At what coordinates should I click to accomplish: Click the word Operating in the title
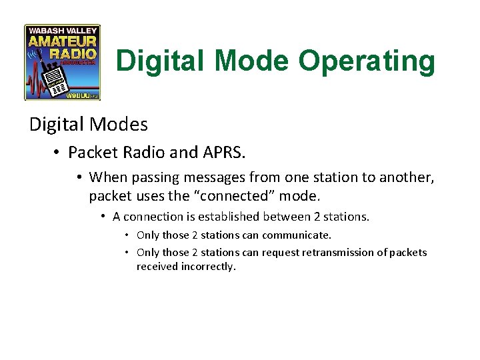367,61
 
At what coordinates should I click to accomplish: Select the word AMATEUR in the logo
62,41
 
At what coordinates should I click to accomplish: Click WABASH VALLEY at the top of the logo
62,30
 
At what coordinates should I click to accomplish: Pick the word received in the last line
156,267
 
